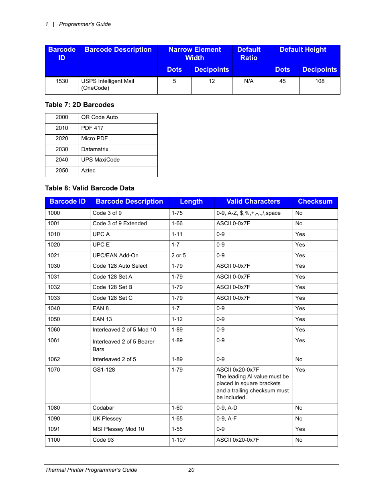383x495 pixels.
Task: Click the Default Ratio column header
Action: (x=249, y=54)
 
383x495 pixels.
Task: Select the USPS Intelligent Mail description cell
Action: (x=108, y=85)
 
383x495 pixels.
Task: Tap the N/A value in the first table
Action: (x=249, y=81)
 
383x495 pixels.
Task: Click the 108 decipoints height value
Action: (x=320, y=81)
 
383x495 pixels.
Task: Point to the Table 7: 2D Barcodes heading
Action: (x=79, y=105)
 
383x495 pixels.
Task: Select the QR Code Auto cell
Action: (x=100, y=117)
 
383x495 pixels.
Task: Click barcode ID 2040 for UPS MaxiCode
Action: (x=62, y=160)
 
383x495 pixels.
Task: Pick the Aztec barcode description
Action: (x=88, y=171)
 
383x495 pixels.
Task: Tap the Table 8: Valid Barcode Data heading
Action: (x=90, y=188)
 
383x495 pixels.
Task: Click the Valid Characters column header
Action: (x=253, y=202)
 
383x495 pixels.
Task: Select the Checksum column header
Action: (x=315, y=202)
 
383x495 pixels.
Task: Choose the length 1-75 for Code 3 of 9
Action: (x=177, y=213)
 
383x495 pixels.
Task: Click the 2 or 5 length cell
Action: (x=179, y=256)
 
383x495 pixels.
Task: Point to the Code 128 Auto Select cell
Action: (x=120, y=266)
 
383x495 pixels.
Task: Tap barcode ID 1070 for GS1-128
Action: (x=54, y=370)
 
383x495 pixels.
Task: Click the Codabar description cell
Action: (x=103, y=408)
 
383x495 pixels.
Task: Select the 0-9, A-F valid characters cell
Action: (x=226, y=419)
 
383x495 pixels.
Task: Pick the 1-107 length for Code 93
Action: (x=179, y=440)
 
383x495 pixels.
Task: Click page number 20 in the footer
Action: (x=191, y=470)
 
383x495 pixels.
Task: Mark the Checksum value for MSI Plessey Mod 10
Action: (x=300, y=429)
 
